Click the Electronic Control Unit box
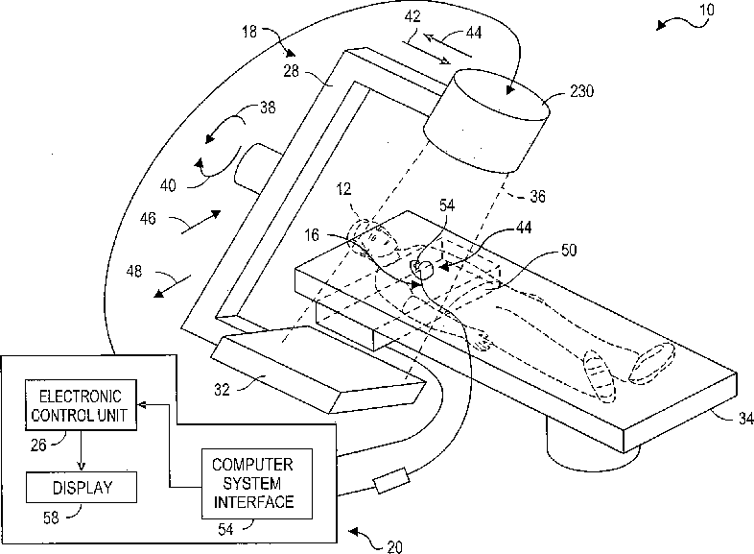(81, 405)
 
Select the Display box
(82, 488)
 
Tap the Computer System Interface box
(257, 484)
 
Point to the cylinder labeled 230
(486, 120)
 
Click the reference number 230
(582, 91)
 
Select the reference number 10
(706, 10)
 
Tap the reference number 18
(249, 32)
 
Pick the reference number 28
(291, 71)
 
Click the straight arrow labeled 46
(201, 223)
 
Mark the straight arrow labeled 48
(172, 286)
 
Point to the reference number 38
(268, 107)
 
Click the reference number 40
(168, 185)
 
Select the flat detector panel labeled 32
(318, 369)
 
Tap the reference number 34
(745, 419)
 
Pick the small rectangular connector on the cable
(392, 480)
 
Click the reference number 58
(51, 518)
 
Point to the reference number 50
(569, 251)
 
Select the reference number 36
(537, 197)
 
